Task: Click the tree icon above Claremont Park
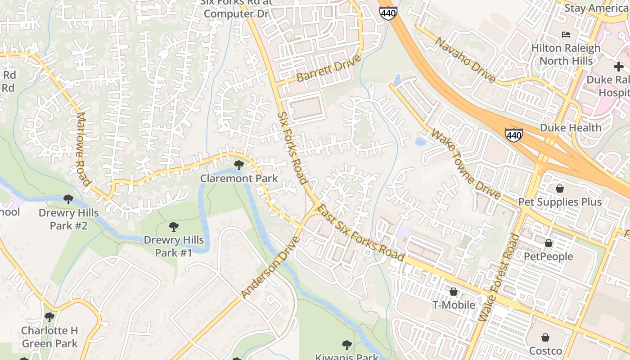(x=239, y=165)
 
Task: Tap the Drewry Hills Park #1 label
(x=174, y=247)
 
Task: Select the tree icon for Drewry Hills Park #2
(x=68, y=199)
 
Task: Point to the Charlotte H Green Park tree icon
(x=49, y=317)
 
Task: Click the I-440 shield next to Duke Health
(x=513, y=135)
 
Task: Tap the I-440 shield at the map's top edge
(x=388, y=13)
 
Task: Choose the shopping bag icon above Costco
(x=545, y=337)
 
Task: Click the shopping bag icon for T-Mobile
(x=454, y=292)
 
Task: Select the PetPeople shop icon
(x=548, y=243)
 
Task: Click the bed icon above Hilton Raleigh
(x=566, y=35)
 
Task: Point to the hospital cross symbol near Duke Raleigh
(x=619, y=67)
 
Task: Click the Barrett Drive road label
(x=329, y=69)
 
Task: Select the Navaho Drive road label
(x=465, y=60)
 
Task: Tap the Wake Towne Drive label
(x=466, y=164)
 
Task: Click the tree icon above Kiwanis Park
(x=346, y=345)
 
